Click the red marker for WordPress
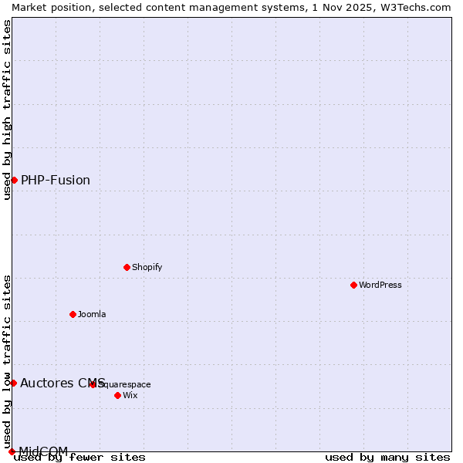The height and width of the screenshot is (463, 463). [x=354, y=285]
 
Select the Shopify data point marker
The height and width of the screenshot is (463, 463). [x=127, y=267]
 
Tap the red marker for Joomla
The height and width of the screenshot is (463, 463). [x=73, y=314]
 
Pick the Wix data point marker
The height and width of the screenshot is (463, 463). [x=118, y=395]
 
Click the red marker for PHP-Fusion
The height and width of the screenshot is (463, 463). [x=14, y=180]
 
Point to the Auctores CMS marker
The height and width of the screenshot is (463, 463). [x=13, y=383]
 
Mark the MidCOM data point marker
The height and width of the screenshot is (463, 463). [x=12, y=451]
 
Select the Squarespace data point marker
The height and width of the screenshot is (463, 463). [x=93, y=384]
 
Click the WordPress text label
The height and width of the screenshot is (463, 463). [x=380, y=285]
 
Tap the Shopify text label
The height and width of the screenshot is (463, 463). [x=147, y=267]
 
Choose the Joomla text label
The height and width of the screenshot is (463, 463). [x=92, y=314]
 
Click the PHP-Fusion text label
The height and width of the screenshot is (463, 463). [x=56, y=181]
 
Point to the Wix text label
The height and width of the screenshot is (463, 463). [x=130, y=395]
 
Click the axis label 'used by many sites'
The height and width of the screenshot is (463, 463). [x=387, y=458]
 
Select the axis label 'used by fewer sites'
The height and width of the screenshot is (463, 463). [x=80, y=458]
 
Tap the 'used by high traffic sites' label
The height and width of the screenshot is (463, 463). [x=7, y=110]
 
